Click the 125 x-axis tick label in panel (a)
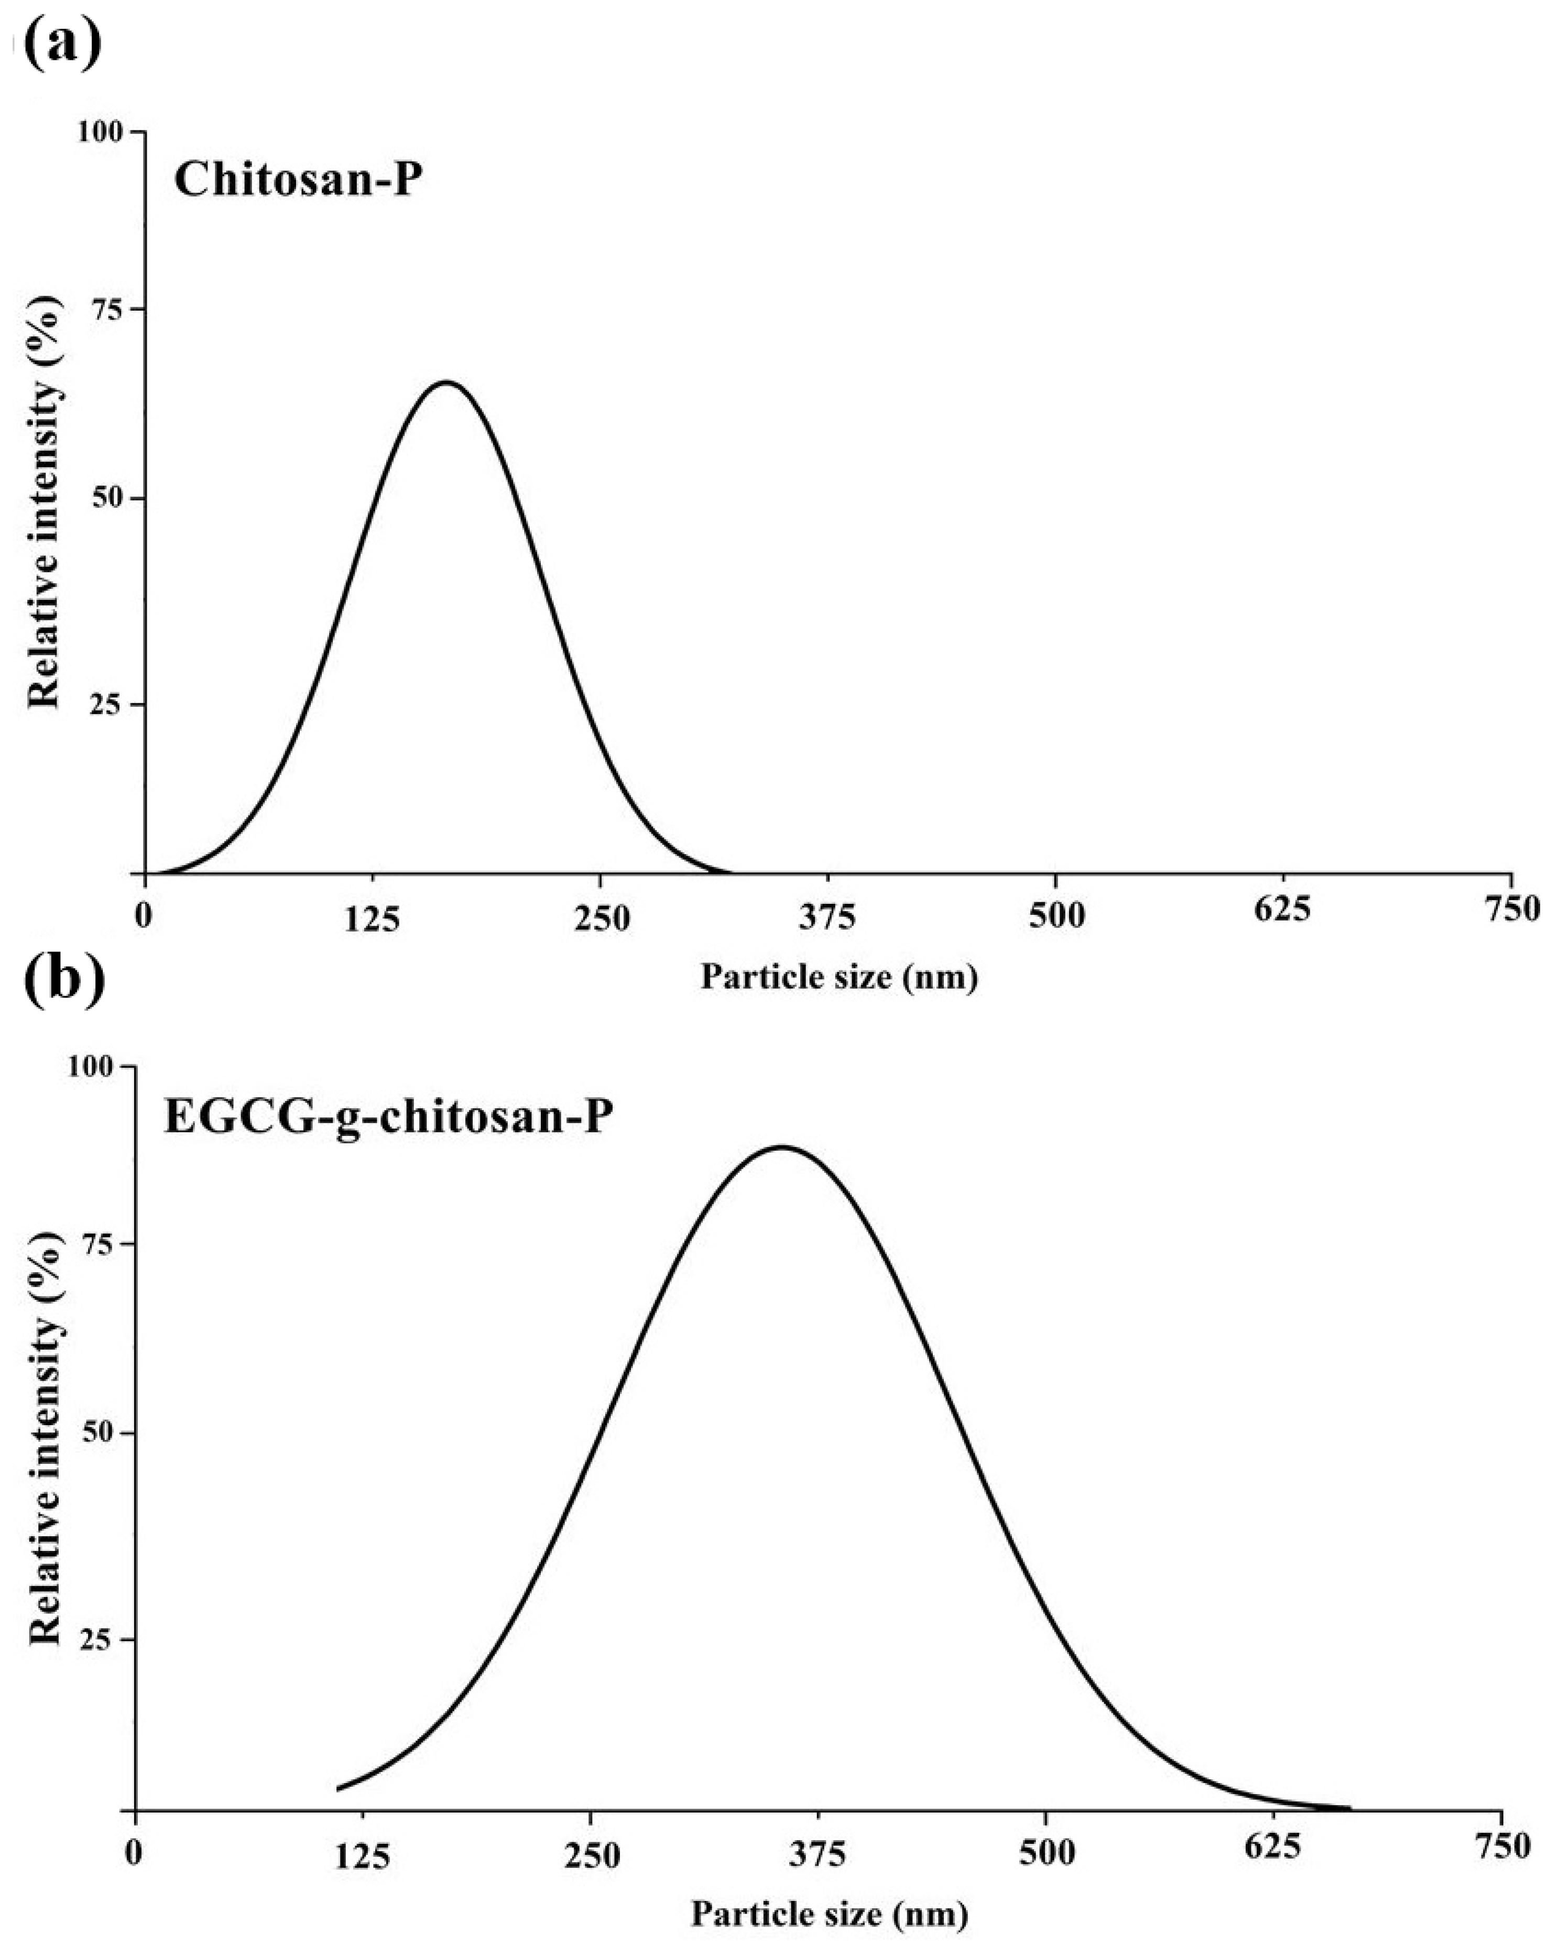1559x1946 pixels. coord(372,919)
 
